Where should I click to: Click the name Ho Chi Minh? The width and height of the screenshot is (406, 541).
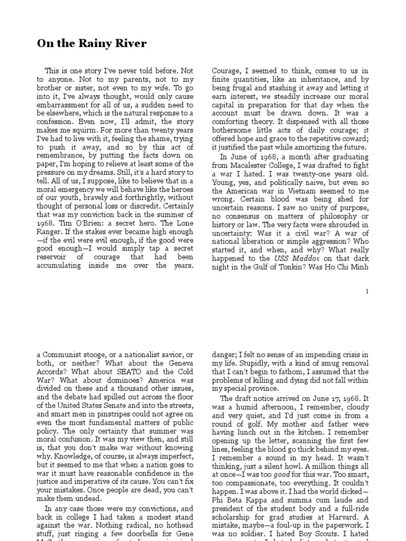[349, 267]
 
